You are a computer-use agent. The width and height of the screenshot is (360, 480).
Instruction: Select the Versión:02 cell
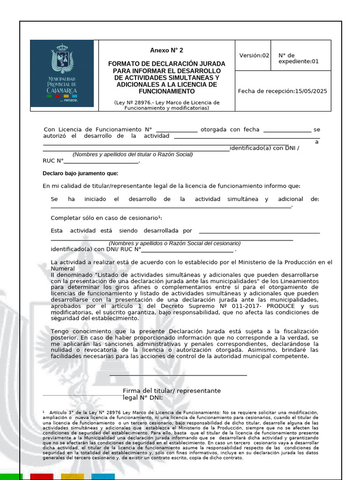click(254, 55)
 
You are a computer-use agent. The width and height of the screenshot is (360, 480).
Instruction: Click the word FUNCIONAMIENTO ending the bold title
click(166, 91)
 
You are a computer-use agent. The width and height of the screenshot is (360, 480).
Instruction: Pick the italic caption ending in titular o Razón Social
click(133, 154)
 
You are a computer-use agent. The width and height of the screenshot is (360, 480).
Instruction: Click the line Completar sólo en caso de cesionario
click(106, 218)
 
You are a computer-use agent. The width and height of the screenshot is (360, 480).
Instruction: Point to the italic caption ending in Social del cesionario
click(174, 243)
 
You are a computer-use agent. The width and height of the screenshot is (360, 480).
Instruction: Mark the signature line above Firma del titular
click(178, 375)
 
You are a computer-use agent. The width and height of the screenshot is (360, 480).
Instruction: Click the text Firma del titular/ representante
click(172, 390)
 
